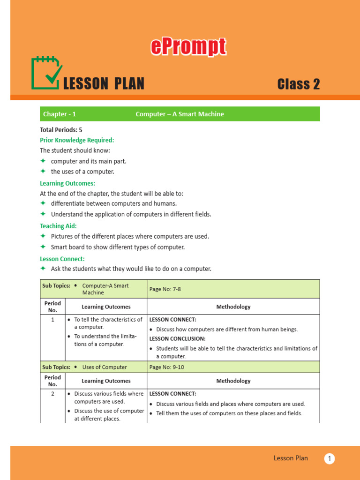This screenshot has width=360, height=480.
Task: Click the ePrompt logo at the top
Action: [x=188, y=47]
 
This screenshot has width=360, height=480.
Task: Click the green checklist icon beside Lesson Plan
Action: [x=46, y=73]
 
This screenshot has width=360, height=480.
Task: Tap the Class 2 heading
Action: [x=298, y=84]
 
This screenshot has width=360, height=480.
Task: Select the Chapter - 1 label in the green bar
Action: [x=60, y=114]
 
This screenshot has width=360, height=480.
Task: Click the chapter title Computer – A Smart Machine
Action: [x=180, y=114]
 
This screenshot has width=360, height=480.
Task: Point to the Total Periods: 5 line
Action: [x=61, y=130]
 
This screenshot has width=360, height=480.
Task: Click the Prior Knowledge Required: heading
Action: [x=77, y=140]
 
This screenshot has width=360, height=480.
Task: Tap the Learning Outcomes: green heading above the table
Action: [x=67, y=183]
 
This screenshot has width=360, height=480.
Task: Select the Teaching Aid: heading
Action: [x=59, y=226]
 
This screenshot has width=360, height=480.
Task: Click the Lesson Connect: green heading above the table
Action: [x=62, y=259]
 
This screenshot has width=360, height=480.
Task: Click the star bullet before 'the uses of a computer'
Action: [x=43, y=171]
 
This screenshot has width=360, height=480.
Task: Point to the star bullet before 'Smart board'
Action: [x=43, y=247]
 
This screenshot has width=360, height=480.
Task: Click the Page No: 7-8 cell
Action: [x=165, y=289]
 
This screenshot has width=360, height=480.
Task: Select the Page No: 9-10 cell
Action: [x=166, y=367]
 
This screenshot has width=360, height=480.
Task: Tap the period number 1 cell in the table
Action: [x=52, y=320]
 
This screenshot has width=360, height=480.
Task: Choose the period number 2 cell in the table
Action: [x=52, y=394]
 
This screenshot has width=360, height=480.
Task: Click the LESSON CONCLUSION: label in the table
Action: [x=177, y=338]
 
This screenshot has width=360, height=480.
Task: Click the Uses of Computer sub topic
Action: [x=105, y=367]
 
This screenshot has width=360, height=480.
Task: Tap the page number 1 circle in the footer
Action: [x=330, y=458]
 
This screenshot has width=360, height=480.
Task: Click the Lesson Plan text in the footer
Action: [x=291, y=458]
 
